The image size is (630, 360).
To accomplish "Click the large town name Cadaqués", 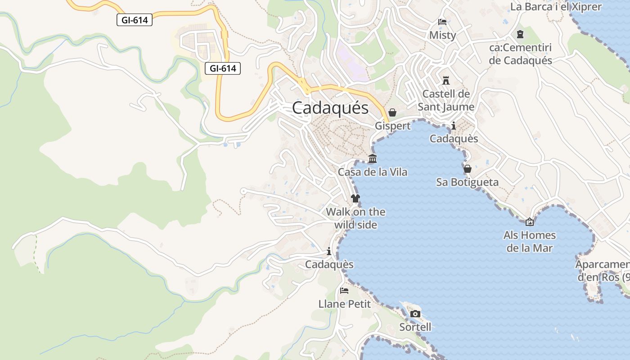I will (330, 108).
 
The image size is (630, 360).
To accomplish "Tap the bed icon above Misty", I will (442, 22).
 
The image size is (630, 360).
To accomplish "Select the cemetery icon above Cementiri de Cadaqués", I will (520, 34).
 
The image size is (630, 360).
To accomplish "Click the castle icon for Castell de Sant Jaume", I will (446, 81).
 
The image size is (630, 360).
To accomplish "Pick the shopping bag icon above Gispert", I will (392, 112).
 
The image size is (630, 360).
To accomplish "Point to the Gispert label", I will (393, 126).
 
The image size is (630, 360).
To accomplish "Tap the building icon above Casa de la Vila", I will (373, 159).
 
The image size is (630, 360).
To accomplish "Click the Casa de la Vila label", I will (373, 172).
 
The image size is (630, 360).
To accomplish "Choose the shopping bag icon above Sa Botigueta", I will (468, 169).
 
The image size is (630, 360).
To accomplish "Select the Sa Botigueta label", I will (467, 182).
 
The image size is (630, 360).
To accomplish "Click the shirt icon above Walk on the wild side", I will (355, 198).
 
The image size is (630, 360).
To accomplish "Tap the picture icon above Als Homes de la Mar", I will (530, 222).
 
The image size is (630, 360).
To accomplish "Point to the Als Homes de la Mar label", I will (530, 241).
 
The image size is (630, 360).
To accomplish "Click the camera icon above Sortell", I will (415, 314).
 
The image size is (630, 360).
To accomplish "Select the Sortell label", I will (415, 327).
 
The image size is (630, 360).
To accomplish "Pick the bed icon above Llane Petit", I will (344, 291).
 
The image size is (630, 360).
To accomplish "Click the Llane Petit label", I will (344, 304).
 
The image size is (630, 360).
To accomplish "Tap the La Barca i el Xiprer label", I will (556, 7).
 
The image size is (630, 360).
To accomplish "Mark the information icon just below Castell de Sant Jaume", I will (454, 126).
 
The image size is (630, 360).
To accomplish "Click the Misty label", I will (442, 35).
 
